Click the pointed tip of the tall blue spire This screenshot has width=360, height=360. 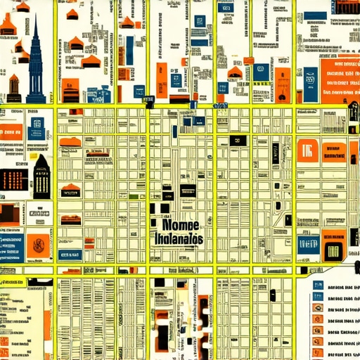(x=35, y=15)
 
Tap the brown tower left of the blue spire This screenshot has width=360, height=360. (x=14, y=88)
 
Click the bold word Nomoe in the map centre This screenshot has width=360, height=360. (x=180, y=226)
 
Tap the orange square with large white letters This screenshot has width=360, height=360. (x=307, y=150)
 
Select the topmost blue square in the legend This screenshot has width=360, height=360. (x=319, y=286)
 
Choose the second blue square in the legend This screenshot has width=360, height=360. (x=319, y=297)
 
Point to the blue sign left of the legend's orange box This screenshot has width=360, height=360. (x=308, y=245)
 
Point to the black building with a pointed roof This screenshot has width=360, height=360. (x=41, y=176)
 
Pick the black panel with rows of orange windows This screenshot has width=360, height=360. (x=14, y=179)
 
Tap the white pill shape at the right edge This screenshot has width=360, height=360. (x=354, y=110)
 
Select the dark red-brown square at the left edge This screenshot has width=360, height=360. (x=7, y=213)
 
